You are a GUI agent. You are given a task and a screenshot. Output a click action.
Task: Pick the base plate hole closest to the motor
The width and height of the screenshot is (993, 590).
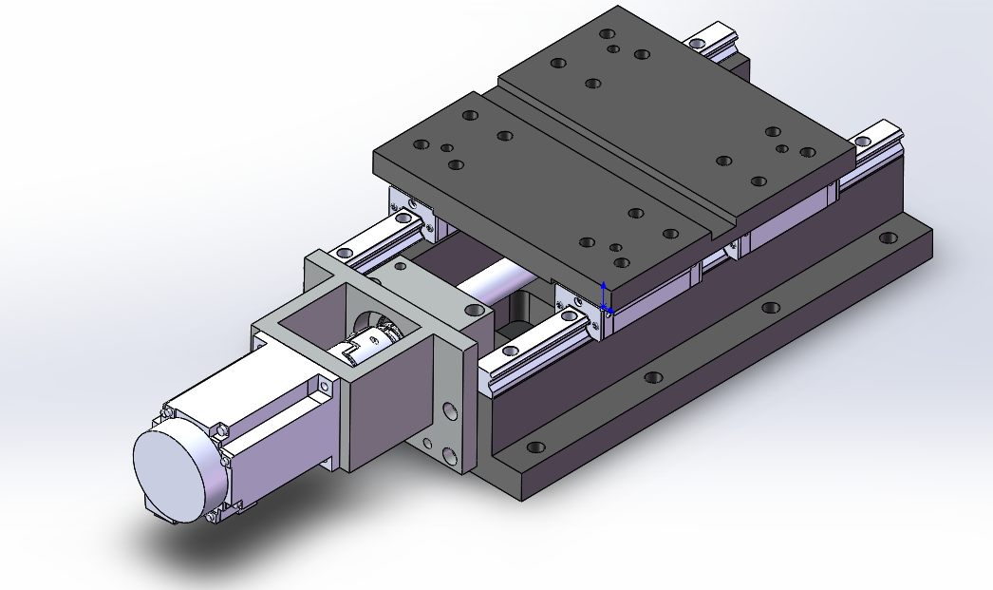[536, 446]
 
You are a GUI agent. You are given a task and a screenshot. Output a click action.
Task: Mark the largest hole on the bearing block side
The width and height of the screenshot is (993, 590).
[450, 410]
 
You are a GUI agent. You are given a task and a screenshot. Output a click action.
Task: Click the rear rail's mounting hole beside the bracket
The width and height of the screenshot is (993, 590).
[344, 253]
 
